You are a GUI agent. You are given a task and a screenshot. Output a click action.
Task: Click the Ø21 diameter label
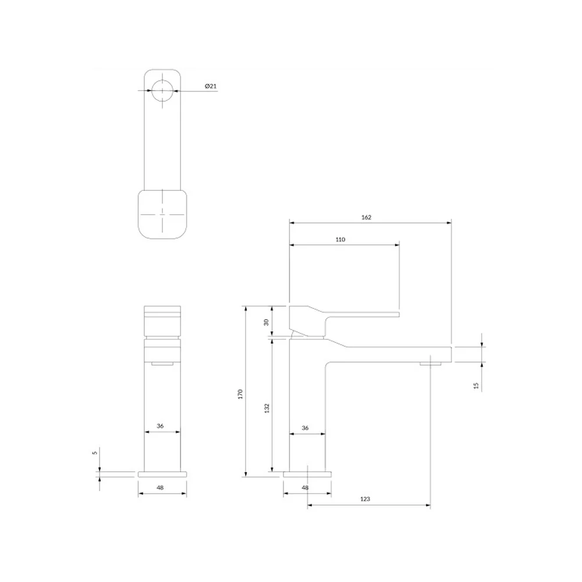pos(211,86)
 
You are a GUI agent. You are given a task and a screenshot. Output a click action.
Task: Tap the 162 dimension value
pos(366,217)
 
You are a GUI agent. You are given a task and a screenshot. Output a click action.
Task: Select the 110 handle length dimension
pos(340,239)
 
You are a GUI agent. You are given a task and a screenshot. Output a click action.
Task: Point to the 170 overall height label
pos(240,394)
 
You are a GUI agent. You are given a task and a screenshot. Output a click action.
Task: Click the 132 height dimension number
pos(267,409)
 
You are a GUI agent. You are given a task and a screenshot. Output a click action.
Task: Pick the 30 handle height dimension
pos(266,322)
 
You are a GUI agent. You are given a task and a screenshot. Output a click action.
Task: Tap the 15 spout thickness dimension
pos(476,386)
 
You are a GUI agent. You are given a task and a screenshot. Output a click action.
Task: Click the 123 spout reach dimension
pos(365,499)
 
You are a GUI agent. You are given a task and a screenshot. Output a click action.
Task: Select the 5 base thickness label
pos(95,452)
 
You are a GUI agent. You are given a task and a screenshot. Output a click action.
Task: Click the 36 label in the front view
pos(160,426)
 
